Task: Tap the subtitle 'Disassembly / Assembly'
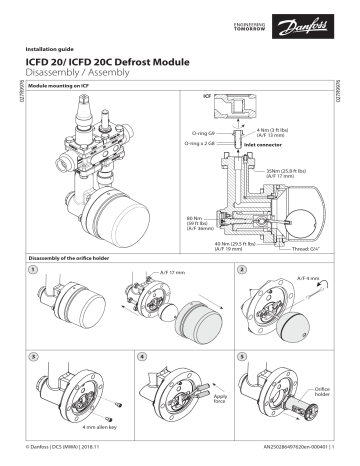pos(81,74)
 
